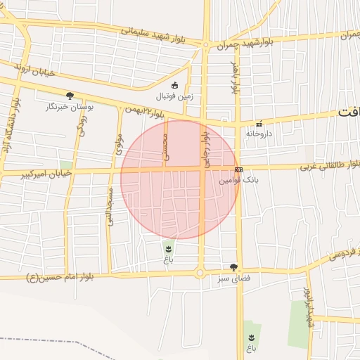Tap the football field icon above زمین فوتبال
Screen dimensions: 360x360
coord(174,86)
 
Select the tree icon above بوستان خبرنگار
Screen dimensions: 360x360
coord(70,96)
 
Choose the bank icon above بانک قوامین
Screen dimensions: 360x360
coord(238,170)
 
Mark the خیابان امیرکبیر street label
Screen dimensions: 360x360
coord(39,173)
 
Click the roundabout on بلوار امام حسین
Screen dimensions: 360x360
coord(200,273)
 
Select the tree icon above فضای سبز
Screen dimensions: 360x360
coord(234,267)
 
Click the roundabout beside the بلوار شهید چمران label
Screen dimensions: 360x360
coord(205,46)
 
